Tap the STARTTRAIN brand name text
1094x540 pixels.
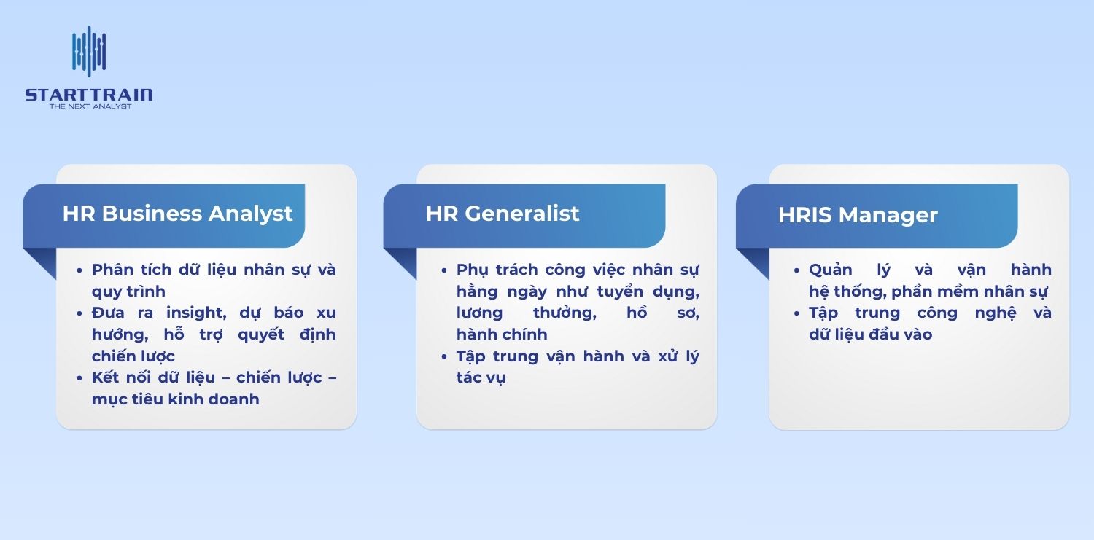[89, 95]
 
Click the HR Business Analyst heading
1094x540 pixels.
[177, 214]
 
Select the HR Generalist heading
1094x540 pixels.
[502, 214]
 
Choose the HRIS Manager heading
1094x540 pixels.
[858, 215]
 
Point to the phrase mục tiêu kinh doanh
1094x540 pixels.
[175, 399]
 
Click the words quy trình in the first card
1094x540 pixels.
[128, 292]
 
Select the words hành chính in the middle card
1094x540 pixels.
[501, 334]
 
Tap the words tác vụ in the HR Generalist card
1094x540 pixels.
[481, 378]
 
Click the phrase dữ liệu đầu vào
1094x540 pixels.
[870, 334]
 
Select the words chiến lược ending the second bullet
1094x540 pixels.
[133, 356]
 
